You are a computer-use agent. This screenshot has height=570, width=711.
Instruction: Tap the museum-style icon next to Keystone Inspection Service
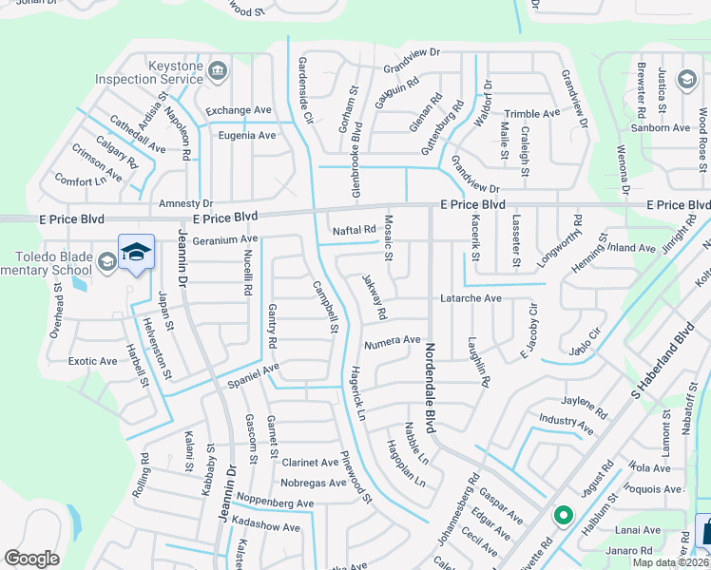217,71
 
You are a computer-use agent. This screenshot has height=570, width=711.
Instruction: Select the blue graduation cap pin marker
136,252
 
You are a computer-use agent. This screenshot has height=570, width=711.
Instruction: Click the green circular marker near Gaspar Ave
563,517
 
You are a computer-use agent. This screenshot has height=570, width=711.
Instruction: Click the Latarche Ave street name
470,298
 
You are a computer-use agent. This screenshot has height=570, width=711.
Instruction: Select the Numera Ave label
392,339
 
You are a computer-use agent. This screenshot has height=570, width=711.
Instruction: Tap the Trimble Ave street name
531,114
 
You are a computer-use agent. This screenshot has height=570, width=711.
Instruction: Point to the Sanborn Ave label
661,128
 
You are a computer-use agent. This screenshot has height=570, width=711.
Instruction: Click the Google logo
31,559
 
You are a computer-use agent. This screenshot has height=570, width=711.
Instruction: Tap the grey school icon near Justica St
684,80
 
